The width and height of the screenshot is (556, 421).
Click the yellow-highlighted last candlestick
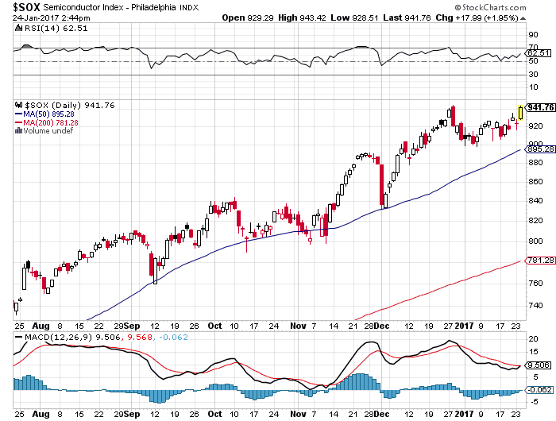tap(520, 112)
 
